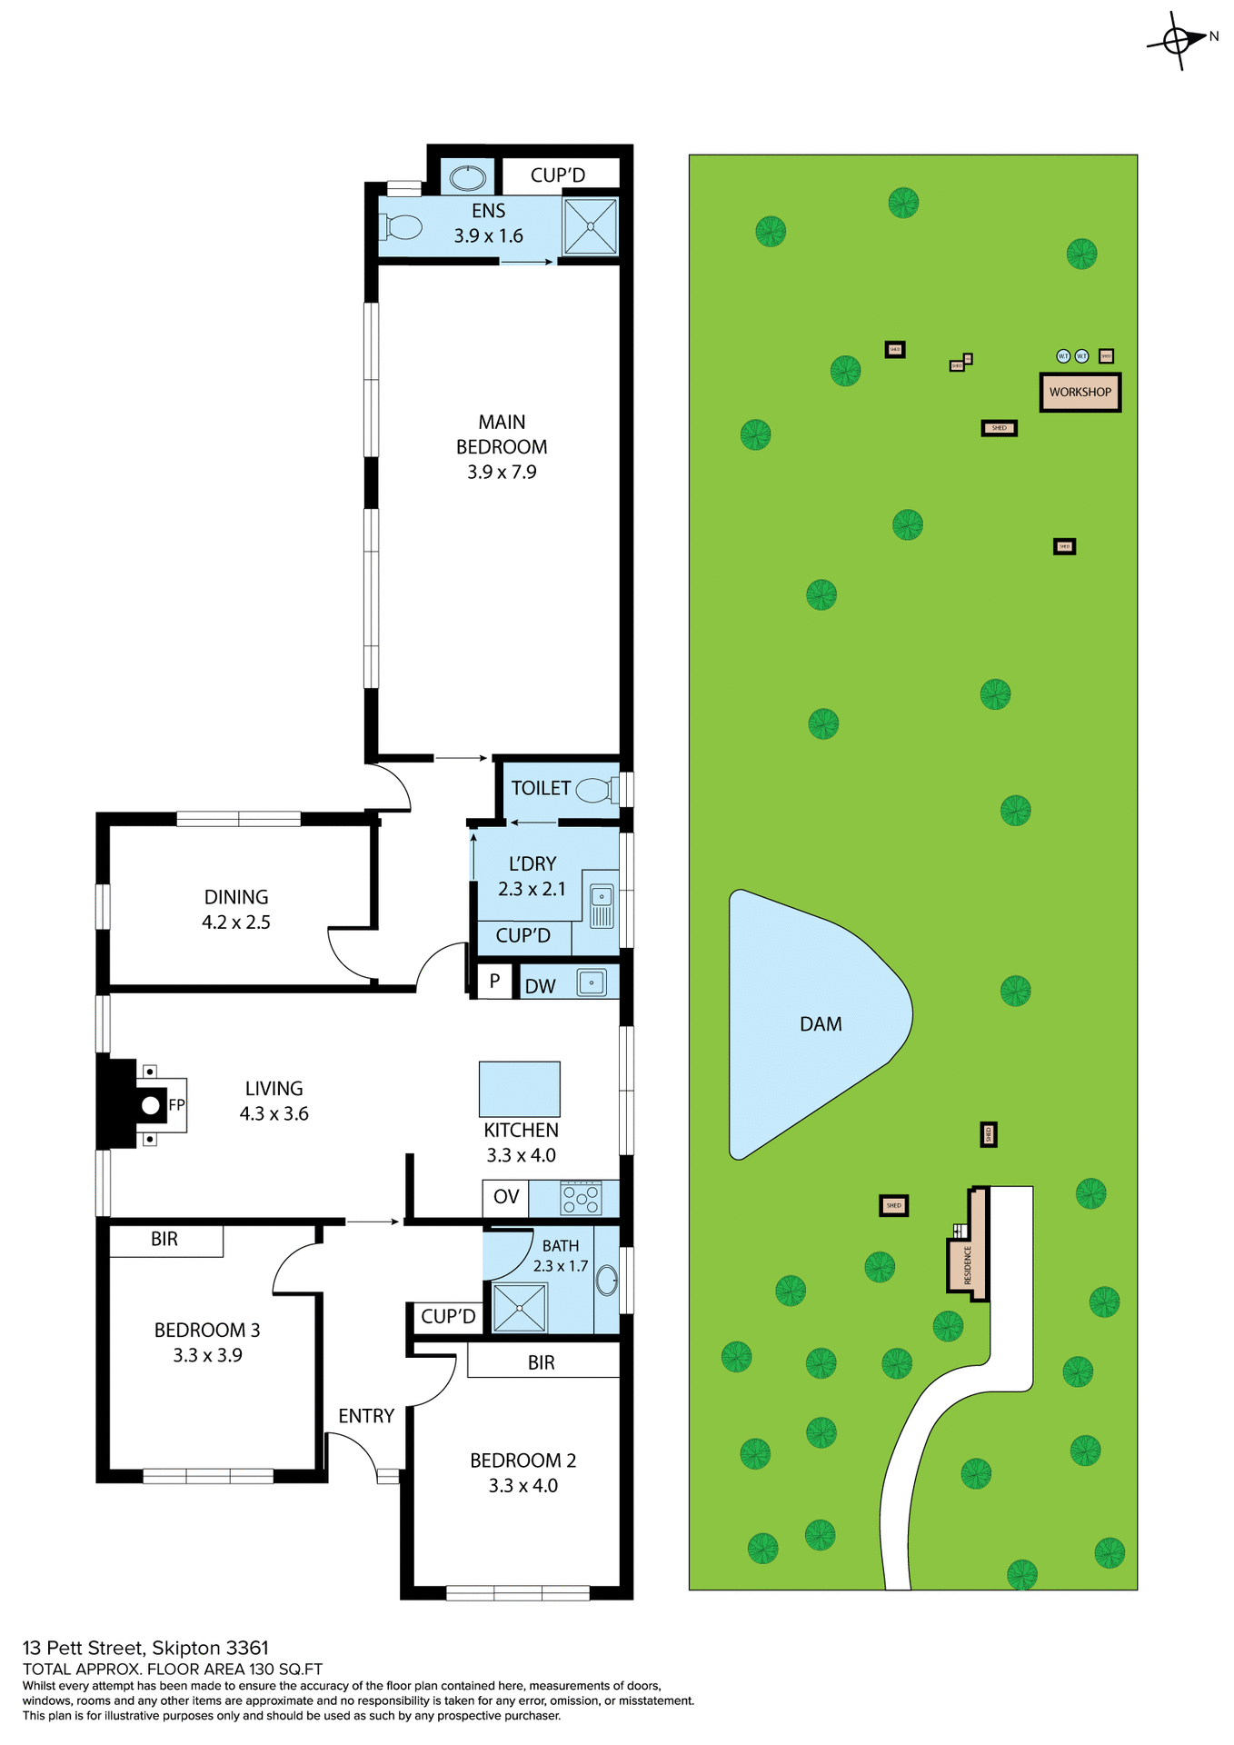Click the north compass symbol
point(1177,41)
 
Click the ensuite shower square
point(590,226)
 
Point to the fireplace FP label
point(176,1105)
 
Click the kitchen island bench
point(520,1089)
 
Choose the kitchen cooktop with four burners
point(582,1198)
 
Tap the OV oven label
point(506,1197)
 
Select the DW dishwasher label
point(540,986)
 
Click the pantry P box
point(494,982)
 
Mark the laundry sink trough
point(602,906)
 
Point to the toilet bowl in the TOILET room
point(595,789)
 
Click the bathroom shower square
point(520,1308)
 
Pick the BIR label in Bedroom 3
point(164,1240)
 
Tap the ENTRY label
point(366,1416)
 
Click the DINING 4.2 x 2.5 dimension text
point(236,922)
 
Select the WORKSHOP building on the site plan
point(1080,393)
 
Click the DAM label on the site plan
point(821,1024)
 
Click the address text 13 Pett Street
point(145,1648)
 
